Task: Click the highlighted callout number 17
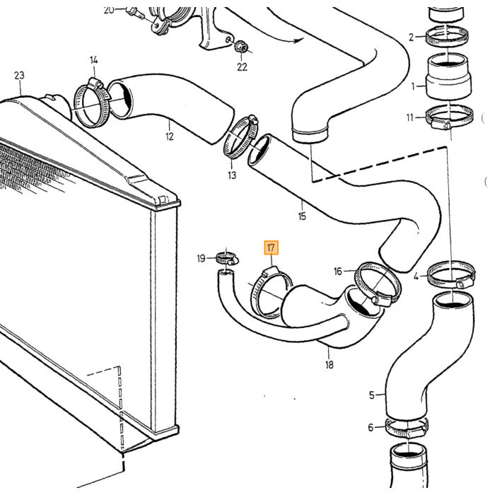pyautogui.click(x=271, y=248)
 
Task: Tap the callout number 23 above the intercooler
pyautogui.click(x=19, y=76)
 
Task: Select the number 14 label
pyautogui.click(x=94, y=60)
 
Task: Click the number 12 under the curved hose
pyautogui.click(x=170, y=136)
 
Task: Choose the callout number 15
pyautogui.click(x=302, y=216)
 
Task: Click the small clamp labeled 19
pyautogui.click(x=227, y=259)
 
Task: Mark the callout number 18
pyautogui.click(x=330, y=365)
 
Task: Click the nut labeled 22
pyautogui.click(x=242, y=47)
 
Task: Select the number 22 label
pyautogui.click(x=242, y=67)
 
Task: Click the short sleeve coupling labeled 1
pyautogui.click(x=448, y=76)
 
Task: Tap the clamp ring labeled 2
pyautogui.click(x=447, y=37)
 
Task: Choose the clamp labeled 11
pyautogui.click(x=449, y=117)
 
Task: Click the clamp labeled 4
pyautogui.click(x=452, y=274)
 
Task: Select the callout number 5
pyautogui.click(x=371, y=395)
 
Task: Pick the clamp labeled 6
pyautogui.click(x=407, y=428)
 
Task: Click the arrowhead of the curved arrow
pyautogui.click(x=298, y=40)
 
